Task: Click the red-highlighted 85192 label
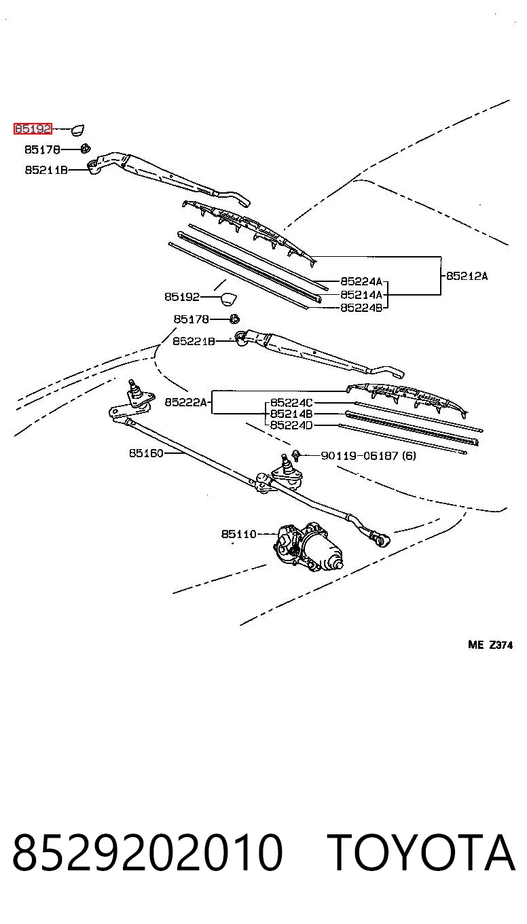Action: [33, 129]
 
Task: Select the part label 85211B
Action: [46, 170]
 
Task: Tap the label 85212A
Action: [467, 276]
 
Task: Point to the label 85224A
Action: [362, 281]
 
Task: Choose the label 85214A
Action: [362, 295]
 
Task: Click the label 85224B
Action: [362, 308]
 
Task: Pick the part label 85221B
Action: [194, 342]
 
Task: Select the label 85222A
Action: [185, 402]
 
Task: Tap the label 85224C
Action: [291, 402]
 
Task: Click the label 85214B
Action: [291, 414]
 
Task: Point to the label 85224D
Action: [291, 425]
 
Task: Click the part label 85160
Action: [147, 453]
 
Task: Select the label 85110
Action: [239, 534]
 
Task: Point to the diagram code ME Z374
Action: [490, 645]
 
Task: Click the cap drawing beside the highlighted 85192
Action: [78, 130]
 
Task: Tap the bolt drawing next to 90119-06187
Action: [295, 455]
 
